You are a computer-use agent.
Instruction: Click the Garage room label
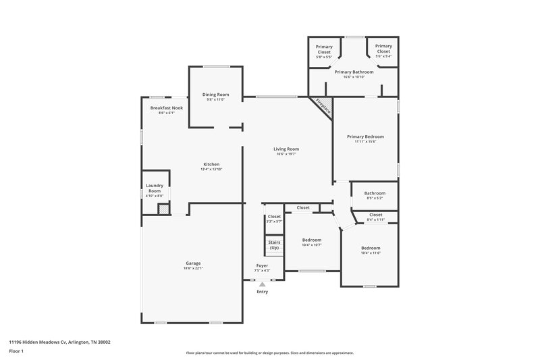tap(193, 263)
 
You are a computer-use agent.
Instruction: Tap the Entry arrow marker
tap(262, 284)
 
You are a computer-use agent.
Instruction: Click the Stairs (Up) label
tap(274, 245)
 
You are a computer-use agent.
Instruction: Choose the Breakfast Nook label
tap(166, 108)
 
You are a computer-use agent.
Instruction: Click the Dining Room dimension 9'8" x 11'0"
tap(215, 100)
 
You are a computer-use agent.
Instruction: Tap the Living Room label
tap(286, 149)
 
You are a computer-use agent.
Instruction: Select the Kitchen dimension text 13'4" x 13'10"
tap(211, 169)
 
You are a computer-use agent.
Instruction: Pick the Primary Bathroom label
tap(353, 72)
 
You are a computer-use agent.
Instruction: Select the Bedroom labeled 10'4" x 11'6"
tap(371, 248)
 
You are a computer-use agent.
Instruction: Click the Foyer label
tap(262, 265)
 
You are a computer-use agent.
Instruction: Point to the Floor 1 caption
tap(17, 352)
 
